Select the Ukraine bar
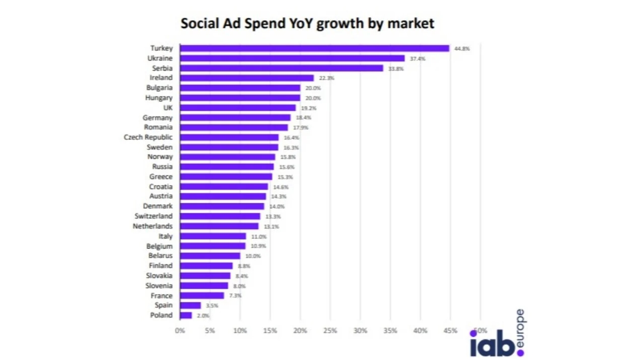[x=292, y=58]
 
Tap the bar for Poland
[x=186, y=315]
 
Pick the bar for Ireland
[x=247, y=78]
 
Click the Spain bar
[x=190, y=306]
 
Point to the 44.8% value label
[x=462, y=49]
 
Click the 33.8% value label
[x=396, y=69]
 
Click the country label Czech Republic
[x=148, y=137]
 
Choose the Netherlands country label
[x=152, y=226]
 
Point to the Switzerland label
[x=153, y=216]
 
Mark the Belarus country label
[x=160, y=256]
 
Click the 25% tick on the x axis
[x=330, y=331]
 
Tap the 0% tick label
[x=180, y=331]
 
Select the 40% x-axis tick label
[x=420, y=331]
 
